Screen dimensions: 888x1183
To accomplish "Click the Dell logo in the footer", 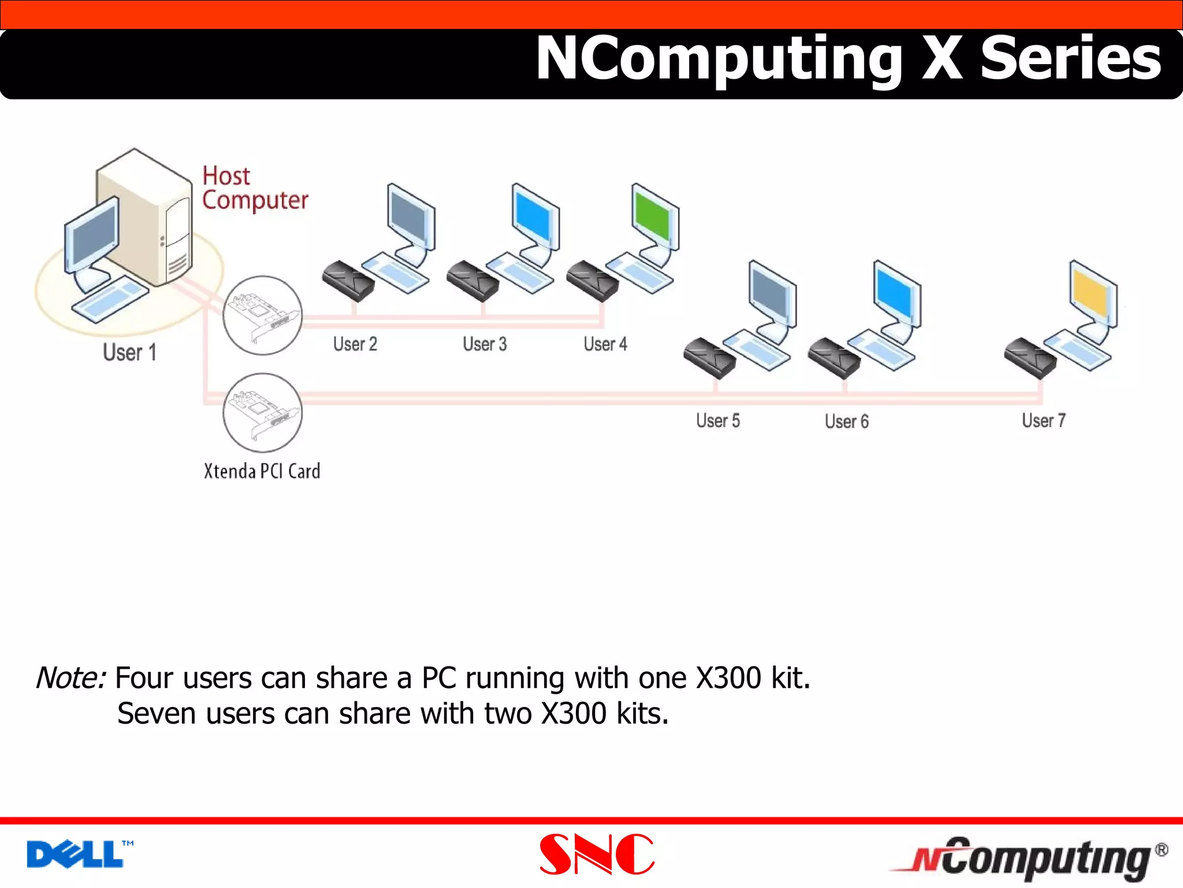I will tap(75, 854).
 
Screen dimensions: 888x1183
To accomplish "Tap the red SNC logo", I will tap(596, 854).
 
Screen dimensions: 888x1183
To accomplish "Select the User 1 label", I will tap(129, 352).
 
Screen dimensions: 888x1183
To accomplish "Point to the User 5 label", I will tap(717, 420).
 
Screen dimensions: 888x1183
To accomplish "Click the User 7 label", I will tap(1043, 420).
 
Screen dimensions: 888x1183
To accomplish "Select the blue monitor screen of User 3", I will tap(534, 217).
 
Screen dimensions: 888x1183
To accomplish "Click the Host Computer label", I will tap(254, 188).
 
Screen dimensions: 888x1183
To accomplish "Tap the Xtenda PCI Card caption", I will tap(262, 471).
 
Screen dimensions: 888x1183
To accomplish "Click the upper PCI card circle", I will tap(263, 315).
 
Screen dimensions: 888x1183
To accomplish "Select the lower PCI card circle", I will tap(263, 412).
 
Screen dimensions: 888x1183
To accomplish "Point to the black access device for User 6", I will tap(834, 357).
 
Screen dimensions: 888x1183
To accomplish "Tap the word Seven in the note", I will tap(157, 713).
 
